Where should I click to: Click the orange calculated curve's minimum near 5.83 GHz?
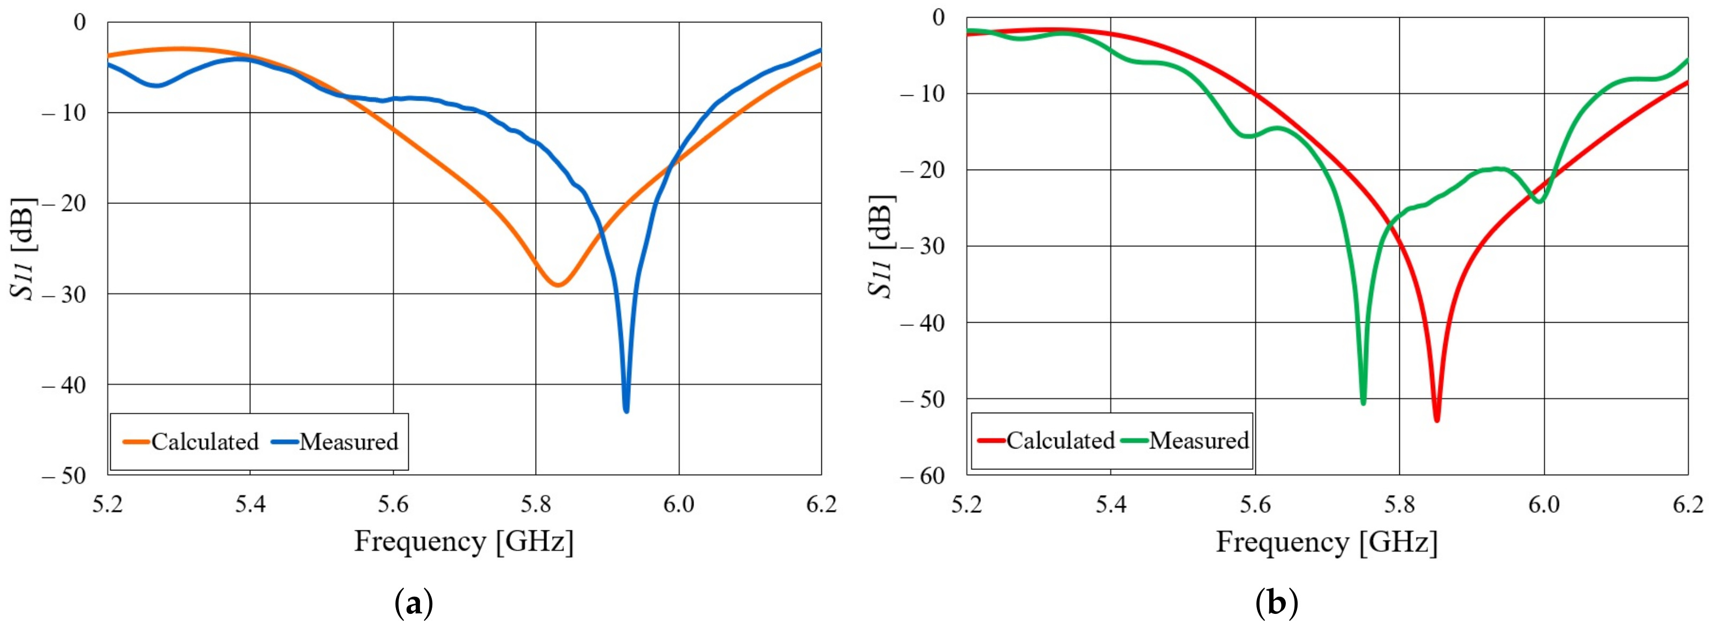coord(558,285)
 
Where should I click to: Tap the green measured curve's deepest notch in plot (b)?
coord(1363,401)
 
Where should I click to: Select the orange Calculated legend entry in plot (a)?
coord(192,442)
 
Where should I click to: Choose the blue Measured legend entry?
coord(336,442)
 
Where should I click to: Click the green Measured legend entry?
coord(1186,440)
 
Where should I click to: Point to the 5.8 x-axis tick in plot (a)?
coord(535,505)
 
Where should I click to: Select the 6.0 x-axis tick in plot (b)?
coord(1543,505)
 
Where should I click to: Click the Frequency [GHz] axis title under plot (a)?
coord(463,541)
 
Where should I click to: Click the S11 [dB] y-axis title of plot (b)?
coord(882,246)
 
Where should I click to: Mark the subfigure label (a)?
coord(414,604)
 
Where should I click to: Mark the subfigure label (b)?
coord(1276,604)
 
